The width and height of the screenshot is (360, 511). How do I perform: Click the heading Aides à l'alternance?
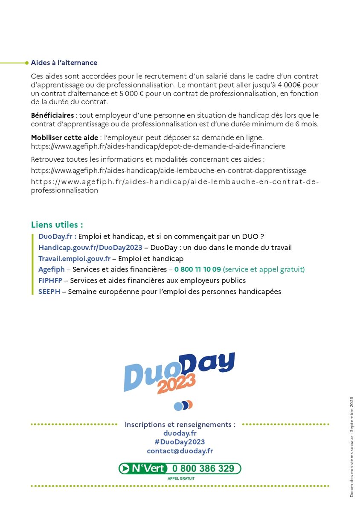coord(64,63)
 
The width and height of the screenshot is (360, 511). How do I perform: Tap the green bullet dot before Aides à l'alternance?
coord(27,63)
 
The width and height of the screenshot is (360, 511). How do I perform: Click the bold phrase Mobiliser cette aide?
coord(64,137)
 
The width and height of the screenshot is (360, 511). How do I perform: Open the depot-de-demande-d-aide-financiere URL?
coord(158,146)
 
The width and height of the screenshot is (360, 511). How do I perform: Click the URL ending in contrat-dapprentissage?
coord(168,170)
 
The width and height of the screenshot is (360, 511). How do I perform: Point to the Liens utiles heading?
coord(57,225)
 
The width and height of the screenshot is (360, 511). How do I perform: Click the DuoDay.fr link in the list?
coord(57,237)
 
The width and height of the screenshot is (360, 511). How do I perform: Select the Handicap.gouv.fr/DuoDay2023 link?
coord(90,248)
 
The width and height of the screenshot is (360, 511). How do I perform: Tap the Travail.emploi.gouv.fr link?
coord(74,259)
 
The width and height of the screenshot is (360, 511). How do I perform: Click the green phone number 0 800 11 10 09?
coord(197,270)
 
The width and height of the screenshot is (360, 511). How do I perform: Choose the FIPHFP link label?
coord(50,281)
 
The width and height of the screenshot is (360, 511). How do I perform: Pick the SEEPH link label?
coord(49,292)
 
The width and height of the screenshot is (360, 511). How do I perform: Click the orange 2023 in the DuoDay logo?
coord(176,383)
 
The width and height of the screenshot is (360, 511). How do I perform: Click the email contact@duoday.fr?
coord(180,451)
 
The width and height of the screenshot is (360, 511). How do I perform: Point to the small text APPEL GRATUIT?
coord(181,479)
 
